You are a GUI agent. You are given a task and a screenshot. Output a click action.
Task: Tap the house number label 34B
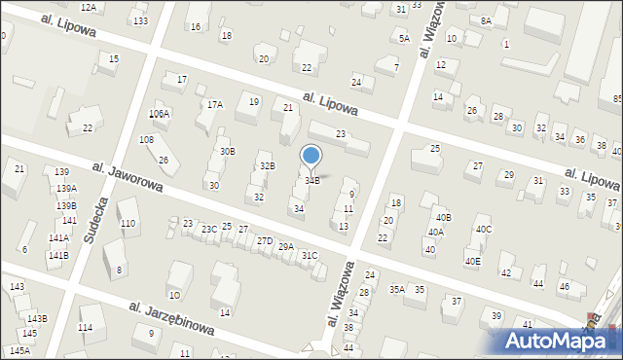(x=312, y=180)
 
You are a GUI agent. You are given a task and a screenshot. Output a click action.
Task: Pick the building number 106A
(x=159, y=114)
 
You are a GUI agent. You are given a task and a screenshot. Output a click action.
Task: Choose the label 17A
(x=214, y=104)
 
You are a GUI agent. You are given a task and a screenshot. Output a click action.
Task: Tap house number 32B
(x=267, y=166)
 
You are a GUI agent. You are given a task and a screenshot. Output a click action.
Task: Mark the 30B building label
(x=227, y=151)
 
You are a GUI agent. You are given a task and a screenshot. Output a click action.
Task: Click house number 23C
(x=208, y=230)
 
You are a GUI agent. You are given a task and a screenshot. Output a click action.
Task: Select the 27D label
(x=264, y=240)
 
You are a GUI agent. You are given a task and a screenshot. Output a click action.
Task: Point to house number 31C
(x=309, y=255)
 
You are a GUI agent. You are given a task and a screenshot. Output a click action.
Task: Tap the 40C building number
(x=483, y=229)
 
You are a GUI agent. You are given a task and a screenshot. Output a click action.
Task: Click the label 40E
(x=472, y=261)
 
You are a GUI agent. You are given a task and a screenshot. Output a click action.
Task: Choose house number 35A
(x=397, y=289)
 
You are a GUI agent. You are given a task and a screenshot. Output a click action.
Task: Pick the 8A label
(x=486, y=20)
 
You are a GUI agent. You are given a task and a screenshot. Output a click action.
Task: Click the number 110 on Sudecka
(x=128, y=224)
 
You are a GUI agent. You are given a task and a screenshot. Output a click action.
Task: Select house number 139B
(x=65, y=205)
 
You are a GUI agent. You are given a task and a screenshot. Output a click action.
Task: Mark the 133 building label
(x=140, y=21)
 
